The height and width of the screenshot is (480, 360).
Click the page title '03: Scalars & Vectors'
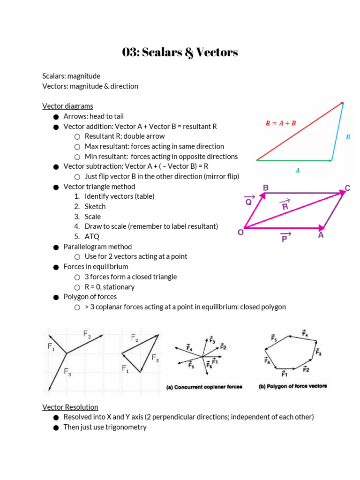pyautogui.click(x=180, y=52)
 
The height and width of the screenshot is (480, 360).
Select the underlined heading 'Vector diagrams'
pyautogui.click(x=67, y=106)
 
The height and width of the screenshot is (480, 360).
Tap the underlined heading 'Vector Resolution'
pyautogui.click(x=70, y=407)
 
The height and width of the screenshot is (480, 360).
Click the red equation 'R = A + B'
pyautogui.click(x=281, y=123)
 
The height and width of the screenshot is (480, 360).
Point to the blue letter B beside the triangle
pyautogui.click(x=348, y=137)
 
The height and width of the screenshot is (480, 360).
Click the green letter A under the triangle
pyautogui.click(x=297, y=171)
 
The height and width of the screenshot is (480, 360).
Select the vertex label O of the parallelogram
pyautogui.click(x=240, y=232)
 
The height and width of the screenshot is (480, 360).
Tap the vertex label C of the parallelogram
pyautogui.click(x=347, y=188)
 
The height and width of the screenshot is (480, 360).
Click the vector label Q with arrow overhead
pyautogui.click(x=248, y=201)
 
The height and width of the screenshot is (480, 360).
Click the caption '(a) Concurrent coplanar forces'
pyautogui.click(x=204, y=387)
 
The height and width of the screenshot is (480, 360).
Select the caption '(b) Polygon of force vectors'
pyautogui.click(x=293, y=387)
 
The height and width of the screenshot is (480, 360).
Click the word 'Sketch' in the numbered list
pyautogui.click(x=95, y=206)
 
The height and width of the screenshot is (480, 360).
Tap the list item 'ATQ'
pyautogui.click(x=92, y=237)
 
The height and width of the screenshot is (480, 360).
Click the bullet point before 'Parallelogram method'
pyautogui.click(x=56, y=247)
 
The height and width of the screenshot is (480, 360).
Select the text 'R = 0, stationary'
pyautogui.click(x=110, y=287)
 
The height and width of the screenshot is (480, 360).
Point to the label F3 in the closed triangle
pyautogui.click(x=155, y=358)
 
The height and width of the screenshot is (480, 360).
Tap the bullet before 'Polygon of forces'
pyautogui.click(x=56, y=297)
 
